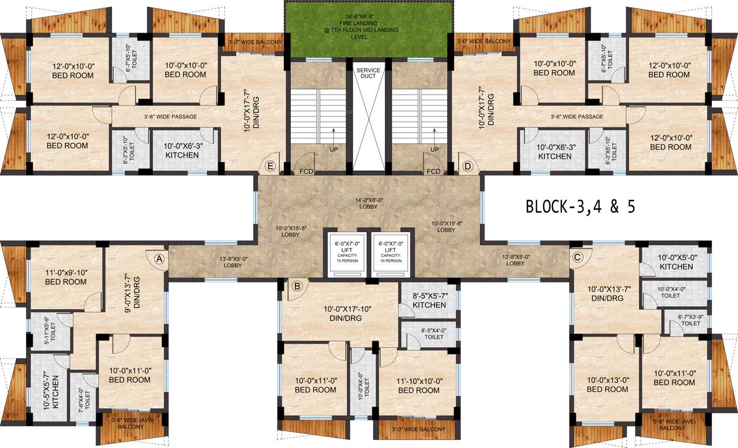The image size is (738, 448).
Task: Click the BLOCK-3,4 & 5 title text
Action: pyautogui.click(x=580, y=207)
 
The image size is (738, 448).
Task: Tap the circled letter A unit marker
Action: pyautogui.click(x=159, y=258)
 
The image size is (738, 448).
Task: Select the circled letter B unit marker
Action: pyautogui.click(x=297, y=286)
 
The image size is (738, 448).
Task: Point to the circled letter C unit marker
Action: pyautogui.click(x=578, y=257)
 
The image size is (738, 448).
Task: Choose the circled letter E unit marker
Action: pyautogui.click(x=270, y=166)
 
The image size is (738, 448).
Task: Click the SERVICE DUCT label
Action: pyautogui.click(x=368, y=74)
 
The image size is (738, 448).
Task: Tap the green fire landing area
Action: pyautogui.click(x=368, y=29)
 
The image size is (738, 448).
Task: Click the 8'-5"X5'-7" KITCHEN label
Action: pyautogui.click(x=429, y=300)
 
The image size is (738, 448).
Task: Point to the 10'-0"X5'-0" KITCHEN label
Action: pyautogui.click(x=676, y=262)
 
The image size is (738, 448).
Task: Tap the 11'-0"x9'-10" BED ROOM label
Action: pyautogui.click(x=65, y=277)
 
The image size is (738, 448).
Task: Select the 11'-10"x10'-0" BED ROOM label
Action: pyautogui.click(x=419, y=385)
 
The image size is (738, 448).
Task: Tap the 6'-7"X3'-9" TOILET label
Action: pyautogui.click(x=690, y=320)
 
